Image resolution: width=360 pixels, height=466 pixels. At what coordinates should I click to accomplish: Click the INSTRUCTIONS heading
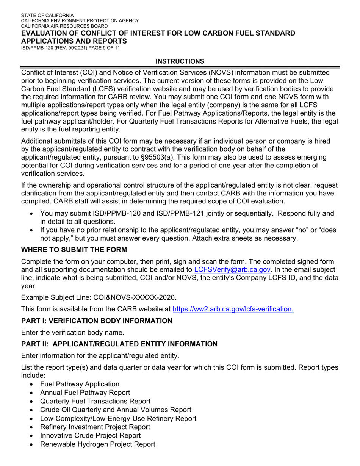point(180,61)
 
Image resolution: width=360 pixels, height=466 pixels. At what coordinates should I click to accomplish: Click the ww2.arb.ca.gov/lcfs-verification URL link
point(233,309)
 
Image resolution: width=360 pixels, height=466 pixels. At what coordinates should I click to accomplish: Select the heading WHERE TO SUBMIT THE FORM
point(74,250)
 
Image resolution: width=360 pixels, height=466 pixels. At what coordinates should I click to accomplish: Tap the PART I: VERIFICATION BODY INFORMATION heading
point(97,321)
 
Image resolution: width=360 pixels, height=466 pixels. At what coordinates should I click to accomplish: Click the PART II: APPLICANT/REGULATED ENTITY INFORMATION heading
point(119,344)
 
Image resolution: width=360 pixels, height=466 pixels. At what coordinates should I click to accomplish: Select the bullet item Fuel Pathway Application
point(80,384)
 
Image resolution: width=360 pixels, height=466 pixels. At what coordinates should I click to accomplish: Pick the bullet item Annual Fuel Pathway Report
point(85,393)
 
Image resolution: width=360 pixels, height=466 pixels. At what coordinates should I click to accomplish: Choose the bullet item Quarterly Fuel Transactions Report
point(95,401)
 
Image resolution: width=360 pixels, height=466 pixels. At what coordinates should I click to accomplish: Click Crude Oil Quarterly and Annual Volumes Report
point(116,410)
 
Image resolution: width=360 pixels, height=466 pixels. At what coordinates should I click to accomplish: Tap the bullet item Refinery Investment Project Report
point(95,427)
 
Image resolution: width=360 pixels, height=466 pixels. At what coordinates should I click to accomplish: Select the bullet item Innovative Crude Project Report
point(90,436)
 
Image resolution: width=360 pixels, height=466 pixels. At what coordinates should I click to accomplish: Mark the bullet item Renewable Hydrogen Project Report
point(97,444)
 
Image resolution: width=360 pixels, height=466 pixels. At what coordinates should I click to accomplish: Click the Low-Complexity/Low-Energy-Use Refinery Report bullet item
point(118,419)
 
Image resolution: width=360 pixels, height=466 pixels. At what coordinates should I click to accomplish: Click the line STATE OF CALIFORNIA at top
point(47,16)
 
